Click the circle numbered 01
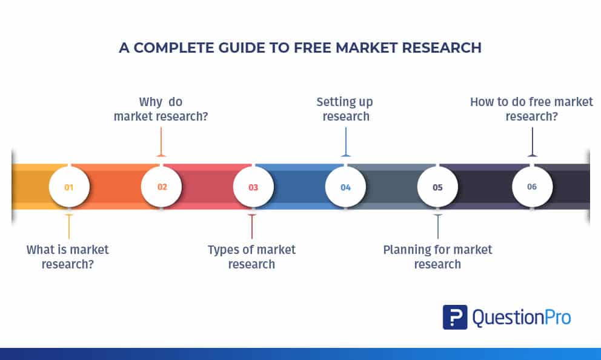point(69,187)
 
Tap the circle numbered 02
point(161,187)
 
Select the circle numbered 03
point(253,187)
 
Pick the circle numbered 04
point(345,187)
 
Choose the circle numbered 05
point(437,187)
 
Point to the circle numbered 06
point(532,187)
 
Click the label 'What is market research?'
point(67,257)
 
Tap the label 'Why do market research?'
point(161,109)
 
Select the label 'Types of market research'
point(251,257)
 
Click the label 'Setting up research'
point(345,109)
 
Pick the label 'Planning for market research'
point(437,257)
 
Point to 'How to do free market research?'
point(531,109)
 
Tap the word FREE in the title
point(313,48)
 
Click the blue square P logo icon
point(455,317)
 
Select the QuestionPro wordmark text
point(522,318)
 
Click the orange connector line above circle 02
point(161,142)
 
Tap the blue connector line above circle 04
point(346,142)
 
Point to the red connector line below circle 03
point(252,227)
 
